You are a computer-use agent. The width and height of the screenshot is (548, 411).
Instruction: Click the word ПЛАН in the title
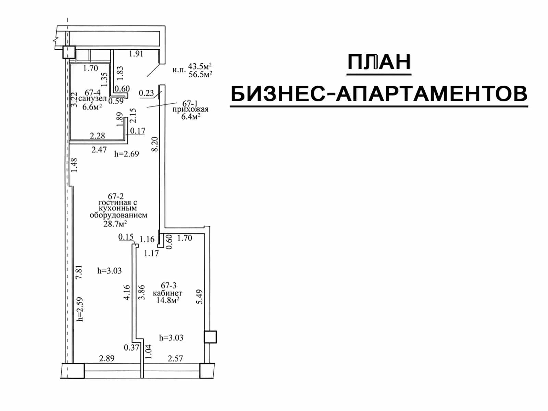[x=379, y=62]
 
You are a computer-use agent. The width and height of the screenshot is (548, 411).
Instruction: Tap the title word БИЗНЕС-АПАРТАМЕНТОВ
[x=379, y=94]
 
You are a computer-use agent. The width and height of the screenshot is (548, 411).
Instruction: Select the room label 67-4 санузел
[x=92, y=96]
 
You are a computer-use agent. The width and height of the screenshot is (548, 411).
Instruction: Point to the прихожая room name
[x=190, y=109]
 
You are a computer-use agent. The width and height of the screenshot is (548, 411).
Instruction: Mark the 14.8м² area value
[x=168, y=300]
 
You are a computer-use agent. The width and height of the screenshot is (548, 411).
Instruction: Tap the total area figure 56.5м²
[x=200, y=74]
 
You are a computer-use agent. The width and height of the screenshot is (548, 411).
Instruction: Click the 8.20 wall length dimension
[x=155, y=144]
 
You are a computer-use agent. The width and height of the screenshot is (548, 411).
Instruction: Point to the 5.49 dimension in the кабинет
[x=199, y=297]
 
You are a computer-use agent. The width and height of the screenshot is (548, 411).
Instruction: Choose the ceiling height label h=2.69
[x=127, y=154]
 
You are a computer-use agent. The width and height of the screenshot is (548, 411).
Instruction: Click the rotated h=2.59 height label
[x=80, y=309]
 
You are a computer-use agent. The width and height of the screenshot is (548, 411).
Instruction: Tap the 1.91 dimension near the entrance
[x=136, y=54]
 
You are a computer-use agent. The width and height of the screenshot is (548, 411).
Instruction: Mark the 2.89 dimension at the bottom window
[x=107, y=358]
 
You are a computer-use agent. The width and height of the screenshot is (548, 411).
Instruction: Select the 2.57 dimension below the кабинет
[x=175, y=359]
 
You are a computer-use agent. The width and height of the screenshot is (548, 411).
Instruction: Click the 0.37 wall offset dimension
[x=131, y=347]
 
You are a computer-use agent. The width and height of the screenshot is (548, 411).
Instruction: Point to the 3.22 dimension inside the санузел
[x=73, y=100]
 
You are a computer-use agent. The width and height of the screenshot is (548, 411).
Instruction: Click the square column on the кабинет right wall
[x=210, y=337]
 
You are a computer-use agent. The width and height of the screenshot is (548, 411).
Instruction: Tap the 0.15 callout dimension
[x=126, y=237]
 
